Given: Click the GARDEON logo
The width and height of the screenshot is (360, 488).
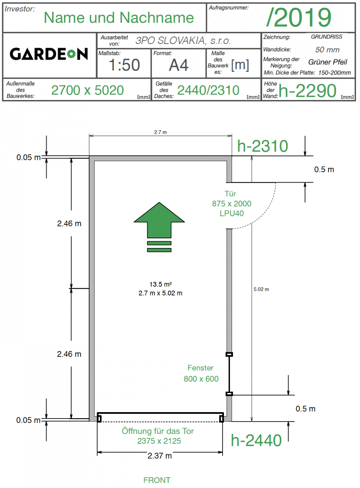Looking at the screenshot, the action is pos(49,54).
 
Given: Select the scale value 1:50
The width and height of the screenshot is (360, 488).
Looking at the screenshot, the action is pos(124,65).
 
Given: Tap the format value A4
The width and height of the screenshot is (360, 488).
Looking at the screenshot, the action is pos(179,65).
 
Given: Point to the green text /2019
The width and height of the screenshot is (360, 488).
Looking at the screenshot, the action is pos(299,17).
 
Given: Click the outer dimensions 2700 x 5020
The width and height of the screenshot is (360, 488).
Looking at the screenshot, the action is pos(88,90).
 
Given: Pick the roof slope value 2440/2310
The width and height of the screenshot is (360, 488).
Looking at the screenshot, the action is pos(208,90).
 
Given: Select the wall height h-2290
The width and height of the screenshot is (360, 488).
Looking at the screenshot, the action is pos(308,91).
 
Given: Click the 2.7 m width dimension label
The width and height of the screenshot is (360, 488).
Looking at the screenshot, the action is pos(160,132).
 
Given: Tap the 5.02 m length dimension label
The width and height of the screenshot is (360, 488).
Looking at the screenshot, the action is pos(261,289).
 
